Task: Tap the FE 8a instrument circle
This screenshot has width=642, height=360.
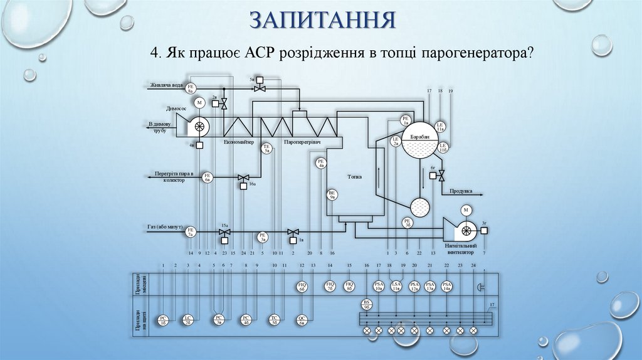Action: point(192,88)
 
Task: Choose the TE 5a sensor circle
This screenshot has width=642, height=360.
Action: point(266,149)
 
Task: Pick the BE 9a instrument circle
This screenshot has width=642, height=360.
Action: point(333,195)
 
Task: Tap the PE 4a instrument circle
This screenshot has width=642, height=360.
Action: point(321,164)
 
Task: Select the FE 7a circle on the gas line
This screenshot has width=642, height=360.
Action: point(191,231)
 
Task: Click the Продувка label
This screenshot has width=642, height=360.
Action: point(461,191)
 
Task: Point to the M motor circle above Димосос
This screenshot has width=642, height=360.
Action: point(199,102)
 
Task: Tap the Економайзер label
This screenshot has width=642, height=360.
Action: point(239,142)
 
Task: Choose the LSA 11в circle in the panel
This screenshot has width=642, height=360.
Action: point(396,287)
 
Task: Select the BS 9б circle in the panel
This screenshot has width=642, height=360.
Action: point(367,304)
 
